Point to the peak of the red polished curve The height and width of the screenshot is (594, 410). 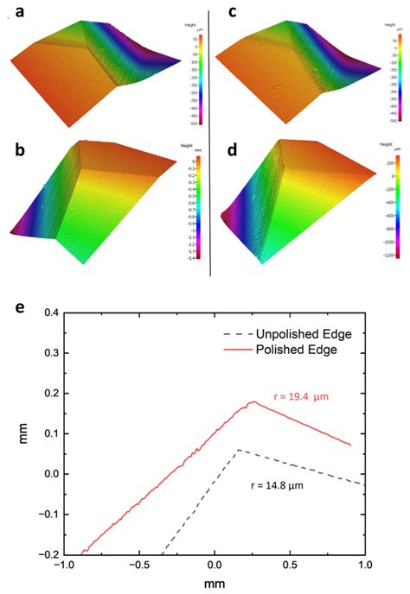tap(252, 401)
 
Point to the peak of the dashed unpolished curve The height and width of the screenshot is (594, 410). tap(239, 450)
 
